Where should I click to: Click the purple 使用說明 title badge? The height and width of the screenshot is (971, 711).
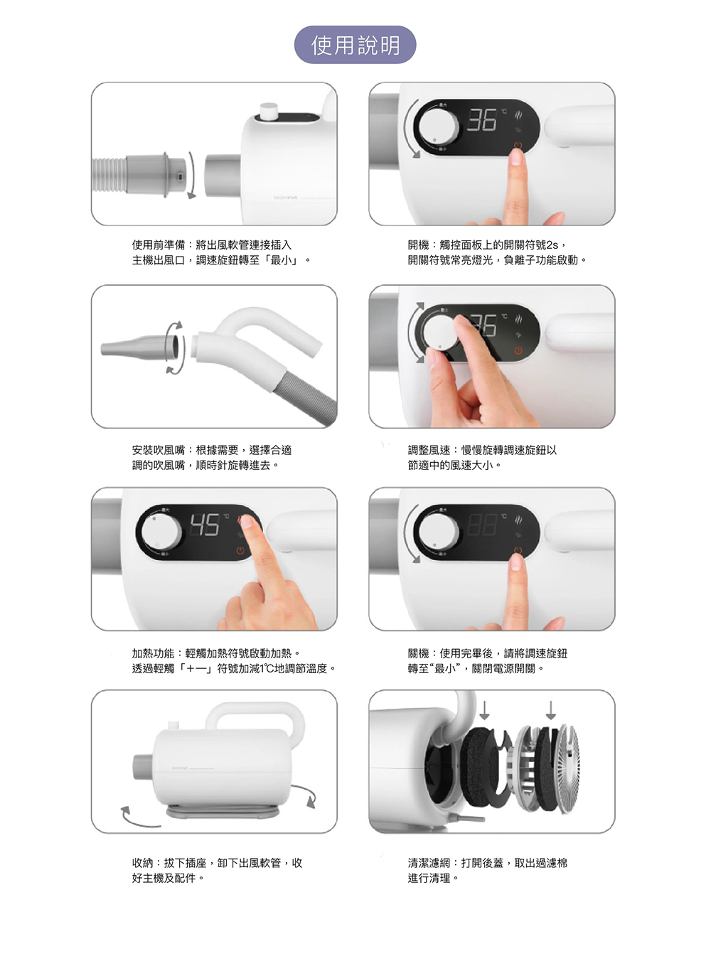click(355, 45)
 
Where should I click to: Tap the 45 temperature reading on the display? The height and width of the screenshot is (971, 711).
click(205, 525)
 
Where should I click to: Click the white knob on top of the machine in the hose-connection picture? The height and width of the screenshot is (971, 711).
click(269, 112)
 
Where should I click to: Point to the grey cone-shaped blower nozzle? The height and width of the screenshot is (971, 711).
click(135, 347)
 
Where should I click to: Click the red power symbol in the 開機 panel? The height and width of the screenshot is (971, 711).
click(518, 145)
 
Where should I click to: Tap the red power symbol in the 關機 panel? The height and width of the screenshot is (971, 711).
click(518, 550)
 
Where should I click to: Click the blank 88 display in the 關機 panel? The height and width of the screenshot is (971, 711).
click(482, 525)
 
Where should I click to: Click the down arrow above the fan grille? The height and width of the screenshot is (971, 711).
click(550, 710)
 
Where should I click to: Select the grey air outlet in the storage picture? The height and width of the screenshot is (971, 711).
click(143, 766)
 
